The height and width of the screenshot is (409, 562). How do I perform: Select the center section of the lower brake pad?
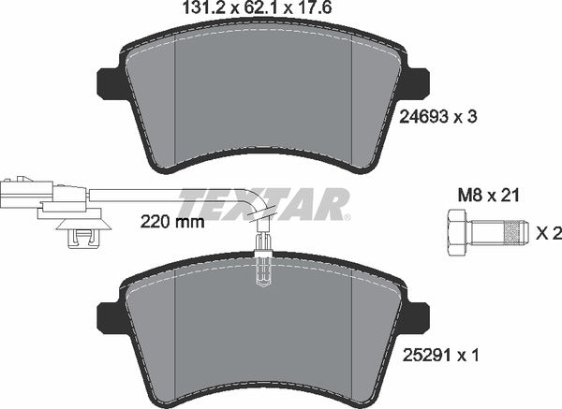point(263,332)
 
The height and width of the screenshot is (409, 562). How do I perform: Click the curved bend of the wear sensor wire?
point(255,201)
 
